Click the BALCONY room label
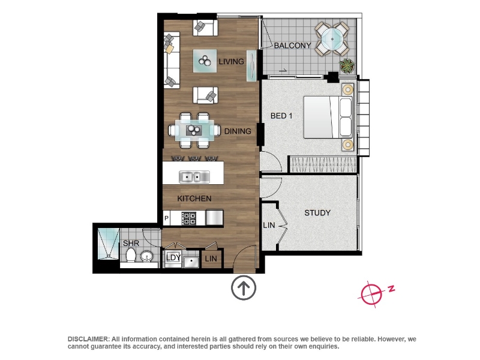pyautogui.click(x=292, y=46)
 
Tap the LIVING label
pyautogui.click(x=231, y=62)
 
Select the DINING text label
pyautogui.click(x=238, y=131)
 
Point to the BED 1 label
pyautogui.click(x=281, y=116)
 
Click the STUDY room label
pyautogui.click(x=317, y=213)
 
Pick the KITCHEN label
pyautogui.click(x=194, y=199)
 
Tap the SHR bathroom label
pyautogui.click(x=131, y=244)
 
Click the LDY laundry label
pyautogui.click(x=173, y=257)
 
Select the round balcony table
pyautogui.click(x=332, y=39)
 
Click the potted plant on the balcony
pyautogui.click(x=347, y=66)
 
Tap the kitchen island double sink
pyautogui.click(x=194, y=177)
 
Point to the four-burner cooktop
pyautogui.click(x=189, y=218)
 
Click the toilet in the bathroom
pyautogui.click(x=131, y=255)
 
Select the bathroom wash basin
pyautogui.click(x=147, y=256)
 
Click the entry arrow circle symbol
pyautogui.click(x=244, y=288)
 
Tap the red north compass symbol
pyautogui.click(x=371, y=294)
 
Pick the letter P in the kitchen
pyautogui.click(x=167, y=218)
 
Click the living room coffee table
pyautogui.click(x=205, y=61)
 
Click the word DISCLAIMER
pyautogui.click(x=88, y=339)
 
